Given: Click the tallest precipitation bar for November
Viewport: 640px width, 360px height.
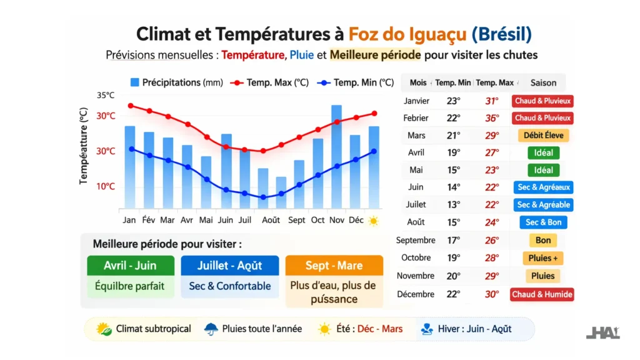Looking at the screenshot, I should (x=336, y=156).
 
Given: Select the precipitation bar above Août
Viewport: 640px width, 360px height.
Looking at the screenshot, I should (x=263, y=187).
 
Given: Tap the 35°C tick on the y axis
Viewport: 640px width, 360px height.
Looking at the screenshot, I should (x=106, y=96).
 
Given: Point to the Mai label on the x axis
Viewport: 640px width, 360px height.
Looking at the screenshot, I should (x=206, y=220).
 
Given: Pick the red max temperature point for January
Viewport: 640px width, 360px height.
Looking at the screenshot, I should (x=130, y=106).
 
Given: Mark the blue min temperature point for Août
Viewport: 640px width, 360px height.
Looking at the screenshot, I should (x=263, y=197).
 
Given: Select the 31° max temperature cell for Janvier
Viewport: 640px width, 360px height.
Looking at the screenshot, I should (x=492, y=101).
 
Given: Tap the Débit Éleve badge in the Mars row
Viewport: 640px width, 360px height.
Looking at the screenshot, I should (x=543, y=136).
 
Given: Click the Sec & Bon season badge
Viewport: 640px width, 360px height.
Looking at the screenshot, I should (x=543, y=222).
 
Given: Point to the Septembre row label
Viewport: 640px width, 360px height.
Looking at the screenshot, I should (x=415, y=240).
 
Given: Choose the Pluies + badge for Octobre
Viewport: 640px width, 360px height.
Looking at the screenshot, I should (x=543, y=258).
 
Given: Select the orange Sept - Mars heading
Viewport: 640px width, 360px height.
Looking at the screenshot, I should (x=334, y=266).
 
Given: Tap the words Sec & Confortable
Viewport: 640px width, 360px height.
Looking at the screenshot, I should (x=229, y=286).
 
